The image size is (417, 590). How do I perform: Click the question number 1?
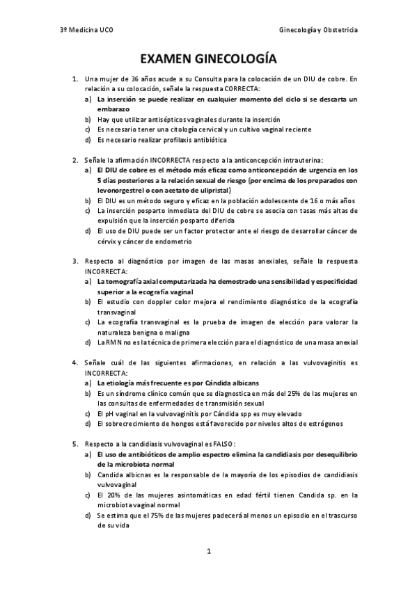pyautogui.click(x=74, y=79)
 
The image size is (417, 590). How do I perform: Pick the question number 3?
pyautogui.click(x=74, y=261)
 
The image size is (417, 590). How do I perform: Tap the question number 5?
pyautogui.click(x=74, y=443)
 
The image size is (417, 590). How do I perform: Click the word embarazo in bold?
pyautogui.click(x=113, y=109)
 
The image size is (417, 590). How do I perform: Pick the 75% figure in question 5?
pyautogui.click(x=157, y=516)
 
